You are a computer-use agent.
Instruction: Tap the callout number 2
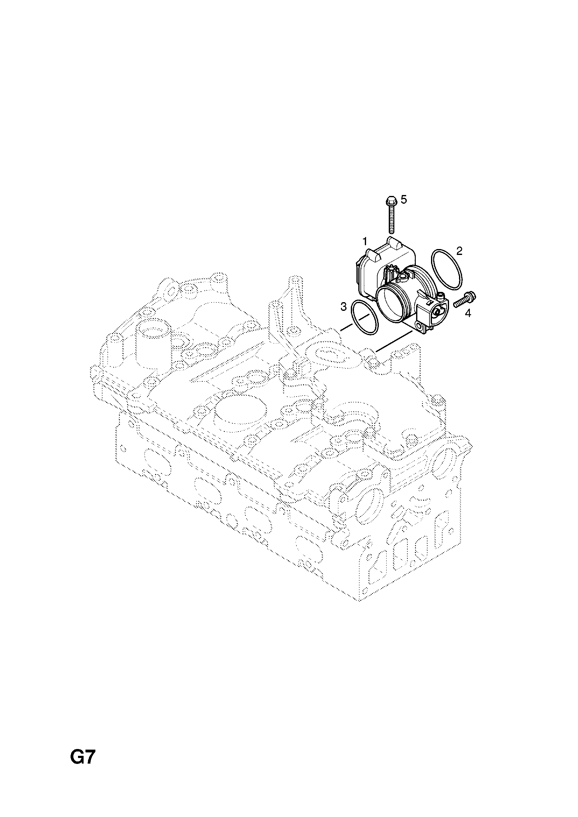(x=459, y=251)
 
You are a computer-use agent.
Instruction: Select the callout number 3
(x=343, y=306)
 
